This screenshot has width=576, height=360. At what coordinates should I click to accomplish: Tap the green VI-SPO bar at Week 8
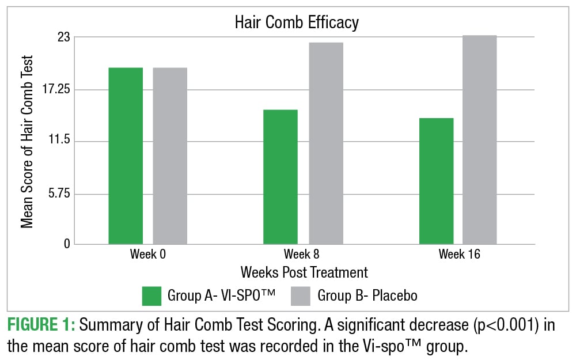281,177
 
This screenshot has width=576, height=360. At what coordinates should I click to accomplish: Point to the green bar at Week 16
436,181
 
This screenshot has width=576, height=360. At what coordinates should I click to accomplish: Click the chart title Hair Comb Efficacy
296,22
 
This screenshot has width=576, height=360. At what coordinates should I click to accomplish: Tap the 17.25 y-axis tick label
55,90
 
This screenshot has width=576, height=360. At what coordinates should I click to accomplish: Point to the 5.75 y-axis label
58,194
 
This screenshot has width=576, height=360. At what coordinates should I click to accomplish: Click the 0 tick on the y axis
66,244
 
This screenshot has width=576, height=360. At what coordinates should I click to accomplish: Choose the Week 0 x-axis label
148,254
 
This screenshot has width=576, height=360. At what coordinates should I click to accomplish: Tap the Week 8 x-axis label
303,254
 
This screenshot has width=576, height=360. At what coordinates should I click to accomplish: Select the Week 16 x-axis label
459,254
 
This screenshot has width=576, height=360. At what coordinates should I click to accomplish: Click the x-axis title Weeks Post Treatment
304,271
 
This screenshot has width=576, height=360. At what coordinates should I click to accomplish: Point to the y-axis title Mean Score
27,141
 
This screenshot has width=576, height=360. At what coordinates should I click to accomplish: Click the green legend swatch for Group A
151,296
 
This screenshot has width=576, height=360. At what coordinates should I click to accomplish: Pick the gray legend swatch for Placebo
301,296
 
